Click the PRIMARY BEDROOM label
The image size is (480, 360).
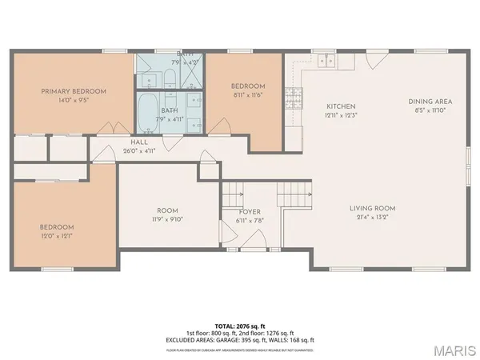[70, 91]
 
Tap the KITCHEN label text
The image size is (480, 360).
[341, 106]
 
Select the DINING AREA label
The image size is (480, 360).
[430, 102]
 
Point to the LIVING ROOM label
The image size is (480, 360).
[373, 209]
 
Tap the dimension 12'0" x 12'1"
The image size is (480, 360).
[58, 235]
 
